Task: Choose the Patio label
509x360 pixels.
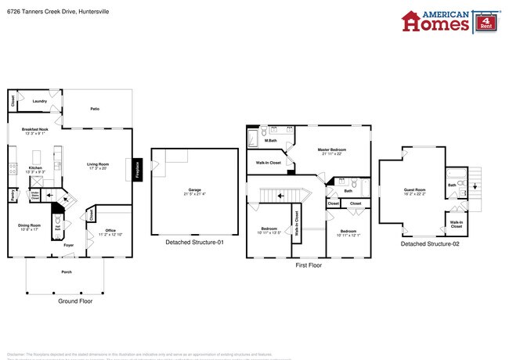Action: point(94,109)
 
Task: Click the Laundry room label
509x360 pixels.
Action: point(40,101)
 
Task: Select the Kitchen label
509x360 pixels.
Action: point(35,168)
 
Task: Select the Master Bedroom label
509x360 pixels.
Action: point(333,150)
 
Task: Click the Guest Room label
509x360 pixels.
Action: point(414,190)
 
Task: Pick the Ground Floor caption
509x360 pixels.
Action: point(75,301)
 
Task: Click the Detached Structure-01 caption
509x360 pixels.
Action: point(194,243)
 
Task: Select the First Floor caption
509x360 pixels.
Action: point(309,265)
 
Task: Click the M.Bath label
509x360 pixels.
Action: point(271,140)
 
